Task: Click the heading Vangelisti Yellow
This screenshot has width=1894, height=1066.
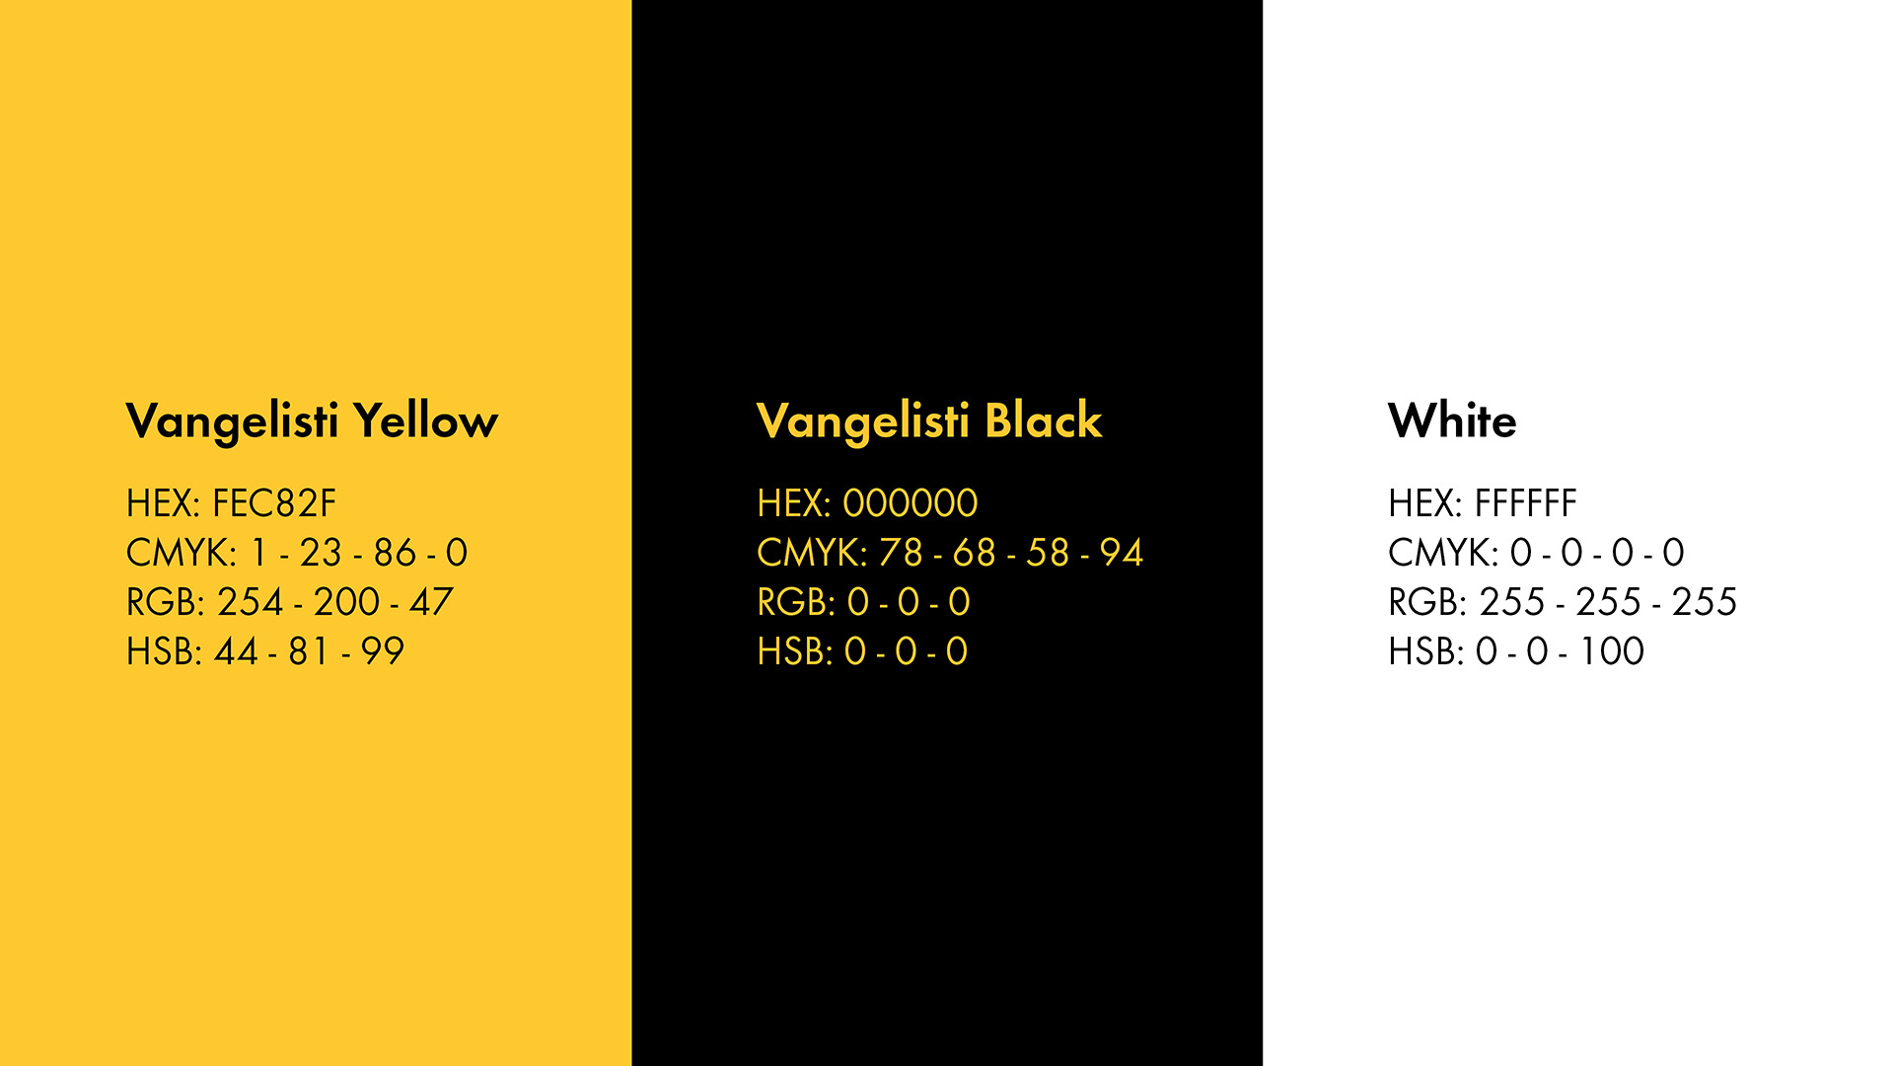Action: tap(312, 421)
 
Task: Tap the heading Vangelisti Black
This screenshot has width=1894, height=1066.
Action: tap(929, 421)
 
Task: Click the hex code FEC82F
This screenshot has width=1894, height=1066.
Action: tap(274, 503)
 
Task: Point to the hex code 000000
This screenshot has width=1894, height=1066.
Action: tap(911, 503)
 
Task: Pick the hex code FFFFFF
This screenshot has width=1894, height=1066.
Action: tap(1525, 503)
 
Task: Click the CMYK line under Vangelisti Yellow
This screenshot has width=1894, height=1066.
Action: tap(297, 553)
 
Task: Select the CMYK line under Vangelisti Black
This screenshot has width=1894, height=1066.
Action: tap(950, 553)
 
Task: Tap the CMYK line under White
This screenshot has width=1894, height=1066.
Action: tap(1536, 553)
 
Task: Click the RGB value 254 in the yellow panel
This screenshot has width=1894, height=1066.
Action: tap(251, 602)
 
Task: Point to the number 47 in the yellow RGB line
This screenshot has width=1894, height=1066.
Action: tap(431, 602)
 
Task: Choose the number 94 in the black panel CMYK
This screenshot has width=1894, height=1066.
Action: tap(1122, 553)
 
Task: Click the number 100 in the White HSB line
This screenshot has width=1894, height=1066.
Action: tap(1612, 651)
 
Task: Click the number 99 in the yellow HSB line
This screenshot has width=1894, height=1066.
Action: tap(383, 651)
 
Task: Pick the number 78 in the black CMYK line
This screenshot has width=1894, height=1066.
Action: tap(901, 553)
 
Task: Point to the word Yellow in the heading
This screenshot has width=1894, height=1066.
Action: tap(426, 421)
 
